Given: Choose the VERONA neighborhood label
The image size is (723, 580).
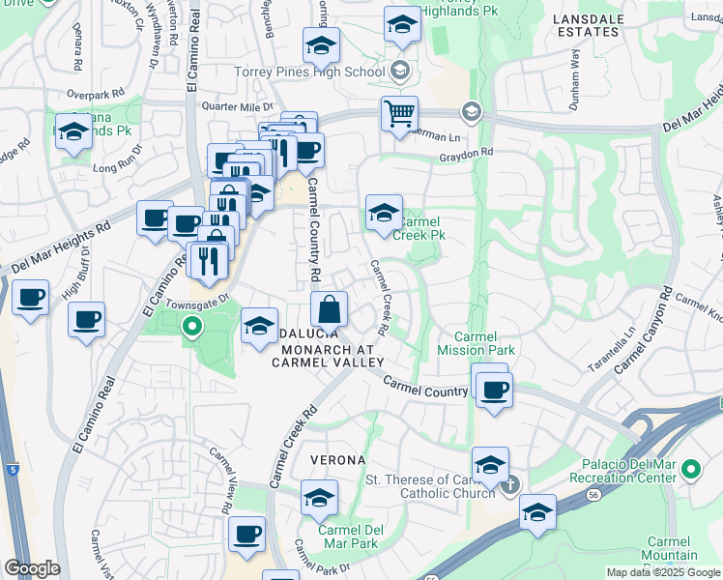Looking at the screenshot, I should [x=336, y=459].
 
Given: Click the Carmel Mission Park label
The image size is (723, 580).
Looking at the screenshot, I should [x=477, y=342].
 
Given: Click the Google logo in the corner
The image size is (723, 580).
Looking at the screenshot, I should [x=32, y=568].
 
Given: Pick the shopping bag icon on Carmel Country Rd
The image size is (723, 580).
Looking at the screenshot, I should [x=330, y=310].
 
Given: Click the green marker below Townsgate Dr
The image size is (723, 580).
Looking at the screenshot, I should [x=191, y=327].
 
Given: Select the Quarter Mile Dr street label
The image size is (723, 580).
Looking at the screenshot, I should [x=237, y=107].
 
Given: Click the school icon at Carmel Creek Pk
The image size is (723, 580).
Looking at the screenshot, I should [x=384, y=213].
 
